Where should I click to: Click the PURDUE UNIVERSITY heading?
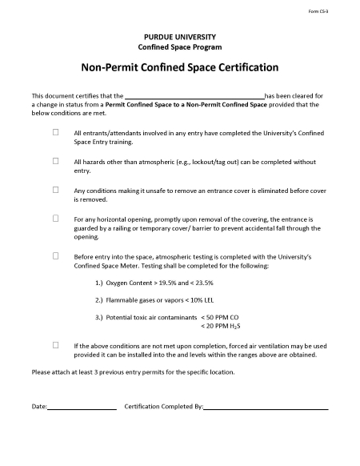[180, 37]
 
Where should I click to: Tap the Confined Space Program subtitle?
[180, 47]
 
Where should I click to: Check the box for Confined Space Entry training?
[56, 132]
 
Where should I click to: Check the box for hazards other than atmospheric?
[56, 161]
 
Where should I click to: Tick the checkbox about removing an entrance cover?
[56, 190]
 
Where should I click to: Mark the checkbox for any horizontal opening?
[56, 218]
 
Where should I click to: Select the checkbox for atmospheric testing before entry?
[56, 255]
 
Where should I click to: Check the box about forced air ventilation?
[56, 344]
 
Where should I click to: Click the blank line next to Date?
[82, 408]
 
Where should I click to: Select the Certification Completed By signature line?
[266, 408]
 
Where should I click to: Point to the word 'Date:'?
[39, 407]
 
